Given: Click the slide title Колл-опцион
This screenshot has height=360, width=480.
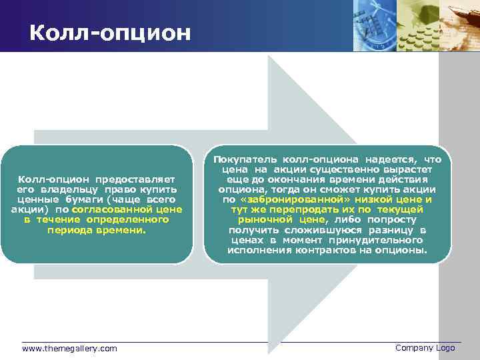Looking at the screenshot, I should [x=110, y=32].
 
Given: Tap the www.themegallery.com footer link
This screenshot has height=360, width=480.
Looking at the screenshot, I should [x=69, y=349].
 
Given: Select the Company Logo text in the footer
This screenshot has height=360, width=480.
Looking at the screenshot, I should [x=425, y=348].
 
